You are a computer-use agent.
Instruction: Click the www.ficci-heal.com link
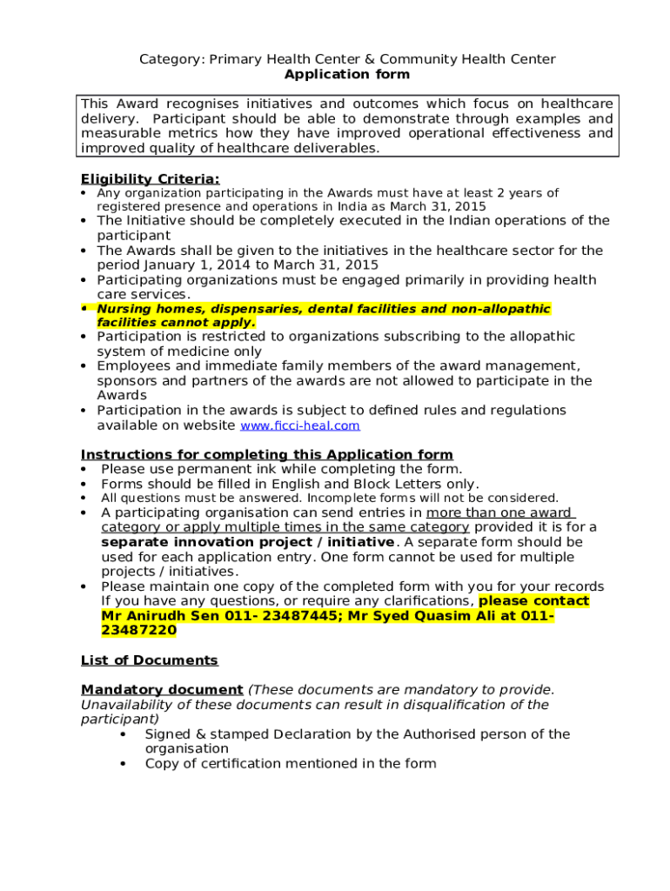(299, 426)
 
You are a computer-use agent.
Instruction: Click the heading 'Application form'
(347, 75)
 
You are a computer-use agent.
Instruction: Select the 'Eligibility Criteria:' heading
(150, 179)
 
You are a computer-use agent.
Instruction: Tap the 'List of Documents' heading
(150, 660)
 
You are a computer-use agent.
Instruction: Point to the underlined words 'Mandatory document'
(162, 690)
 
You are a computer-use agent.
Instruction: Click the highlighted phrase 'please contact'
(533, 601)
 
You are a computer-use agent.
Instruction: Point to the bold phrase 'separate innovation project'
(218, 542)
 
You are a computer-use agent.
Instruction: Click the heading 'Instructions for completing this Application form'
(266, 455)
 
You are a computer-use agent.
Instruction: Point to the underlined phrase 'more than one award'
(499, 512)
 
